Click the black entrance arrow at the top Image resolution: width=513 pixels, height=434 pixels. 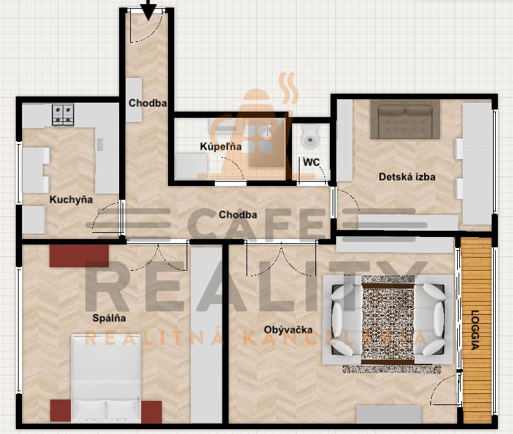(149, 10)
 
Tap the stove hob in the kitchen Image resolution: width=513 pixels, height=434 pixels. (63, 114)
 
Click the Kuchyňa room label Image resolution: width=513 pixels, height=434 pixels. (71, 200)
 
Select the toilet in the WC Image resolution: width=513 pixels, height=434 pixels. (310, 136)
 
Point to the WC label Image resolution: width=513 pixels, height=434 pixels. (311, 163)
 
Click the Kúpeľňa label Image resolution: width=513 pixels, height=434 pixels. (221, 146)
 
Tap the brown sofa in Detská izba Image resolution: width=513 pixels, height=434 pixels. (405, 119)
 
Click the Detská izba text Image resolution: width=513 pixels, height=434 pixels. (407, 177)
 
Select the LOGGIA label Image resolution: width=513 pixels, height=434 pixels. (475, 330)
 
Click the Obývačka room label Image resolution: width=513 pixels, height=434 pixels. (289, 329)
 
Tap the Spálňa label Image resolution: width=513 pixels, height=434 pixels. (109, 318)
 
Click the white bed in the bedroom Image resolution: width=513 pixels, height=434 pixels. (106, 378)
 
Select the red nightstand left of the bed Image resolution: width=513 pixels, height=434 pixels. (61, 411)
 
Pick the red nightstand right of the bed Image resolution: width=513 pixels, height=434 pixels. (151, 412)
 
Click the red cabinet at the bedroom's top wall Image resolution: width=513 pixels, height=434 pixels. (79, 256)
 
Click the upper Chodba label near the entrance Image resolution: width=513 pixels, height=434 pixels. (147, 103)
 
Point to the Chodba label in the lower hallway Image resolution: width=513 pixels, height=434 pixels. (238, 215)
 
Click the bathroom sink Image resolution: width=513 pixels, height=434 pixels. (268, 130)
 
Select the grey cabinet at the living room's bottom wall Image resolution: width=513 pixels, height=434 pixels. (388, 414)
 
